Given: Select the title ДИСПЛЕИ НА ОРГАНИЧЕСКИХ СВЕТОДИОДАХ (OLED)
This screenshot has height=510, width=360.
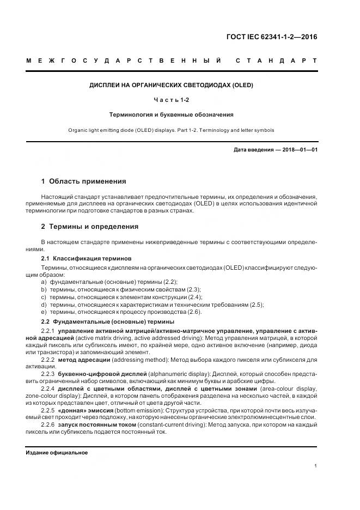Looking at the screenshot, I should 172,86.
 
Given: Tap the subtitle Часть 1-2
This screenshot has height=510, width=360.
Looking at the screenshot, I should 172,100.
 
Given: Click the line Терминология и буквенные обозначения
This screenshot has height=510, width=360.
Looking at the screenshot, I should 172,115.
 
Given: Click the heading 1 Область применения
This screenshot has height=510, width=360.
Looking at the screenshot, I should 84,181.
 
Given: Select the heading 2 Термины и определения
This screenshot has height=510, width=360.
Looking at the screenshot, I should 90,226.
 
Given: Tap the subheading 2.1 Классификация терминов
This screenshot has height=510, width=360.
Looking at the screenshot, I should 86,258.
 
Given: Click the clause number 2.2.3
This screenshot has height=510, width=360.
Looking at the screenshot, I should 49,375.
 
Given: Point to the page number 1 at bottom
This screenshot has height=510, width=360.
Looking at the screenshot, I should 316,466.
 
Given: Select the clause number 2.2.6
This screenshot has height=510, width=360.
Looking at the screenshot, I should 49,424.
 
